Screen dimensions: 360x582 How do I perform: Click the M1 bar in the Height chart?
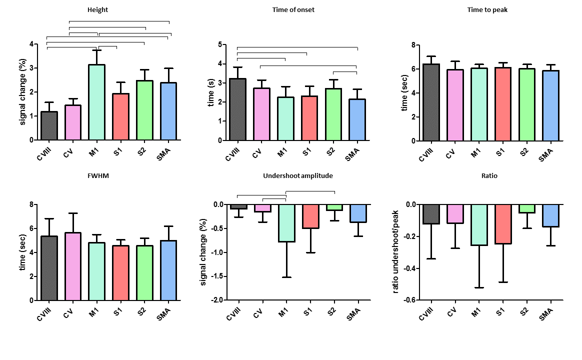point(97,102)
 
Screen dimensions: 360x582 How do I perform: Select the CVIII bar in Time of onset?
point(238,109)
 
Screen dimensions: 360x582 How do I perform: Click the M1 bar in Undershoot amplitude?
point(285,223)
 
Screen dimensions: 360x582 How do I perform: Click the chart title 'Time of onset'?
point(293,9)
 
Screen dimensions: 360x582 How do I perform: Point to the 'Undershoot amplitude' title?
point(297,175)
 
